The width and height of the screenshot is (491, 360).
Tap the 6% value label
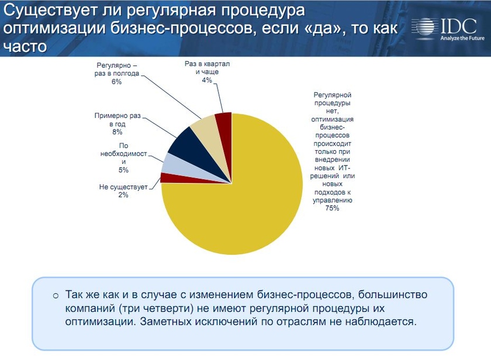116,82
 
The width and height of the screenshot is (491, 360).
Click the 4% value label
206,80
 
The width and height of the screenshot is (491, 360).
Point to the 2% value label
123,195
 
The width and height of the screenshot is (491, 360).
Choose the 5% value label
123,170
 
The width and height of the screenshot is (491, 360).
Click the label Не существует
123,187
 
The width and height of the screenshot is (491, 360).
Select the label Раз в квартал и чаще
206,67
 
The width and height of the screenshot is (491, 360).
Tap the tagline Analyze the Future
462,39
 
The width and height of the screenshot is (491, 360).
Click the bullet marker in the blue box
56,295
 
